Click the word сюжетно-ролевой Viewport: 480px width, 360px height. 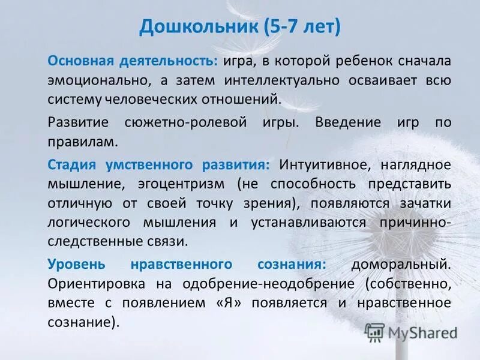pyautogui.click(x=196, y=122)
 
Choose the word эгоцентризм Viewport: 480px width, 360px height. pyautogui.click(x=179, y=183)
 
